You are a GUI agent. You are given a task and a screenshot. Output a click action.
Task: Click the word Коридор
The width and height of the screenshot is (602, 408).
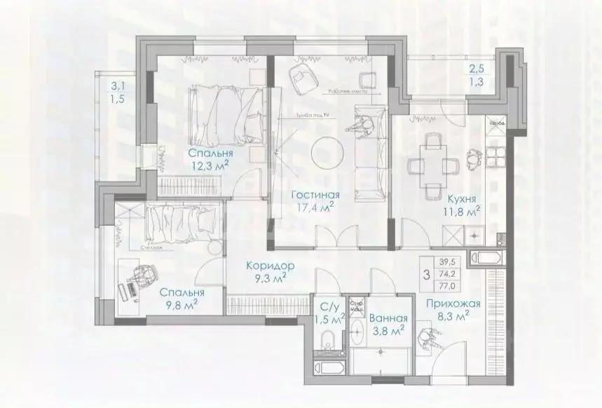(x=270, y=266)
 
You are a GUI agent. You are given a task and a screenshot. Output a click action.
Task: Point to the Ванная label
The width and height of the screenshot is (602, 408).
(x=386, y=316)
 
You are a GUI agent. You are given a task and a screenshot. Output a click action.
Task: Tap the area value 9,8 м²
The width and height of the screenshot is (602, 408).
(x=182, y=306)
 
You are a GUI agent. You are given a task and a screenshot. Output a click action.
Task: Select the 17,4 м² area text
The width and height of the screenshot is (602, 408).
(x=314, y=208)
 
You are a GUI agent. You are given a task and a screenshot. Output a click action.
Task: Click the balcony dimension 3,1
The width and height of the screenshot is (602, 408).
(x=117, y=87)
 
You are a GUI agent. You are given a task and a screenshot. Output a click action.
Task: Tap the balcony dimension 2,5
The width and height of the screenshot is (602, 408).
(x=477, y=69)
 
